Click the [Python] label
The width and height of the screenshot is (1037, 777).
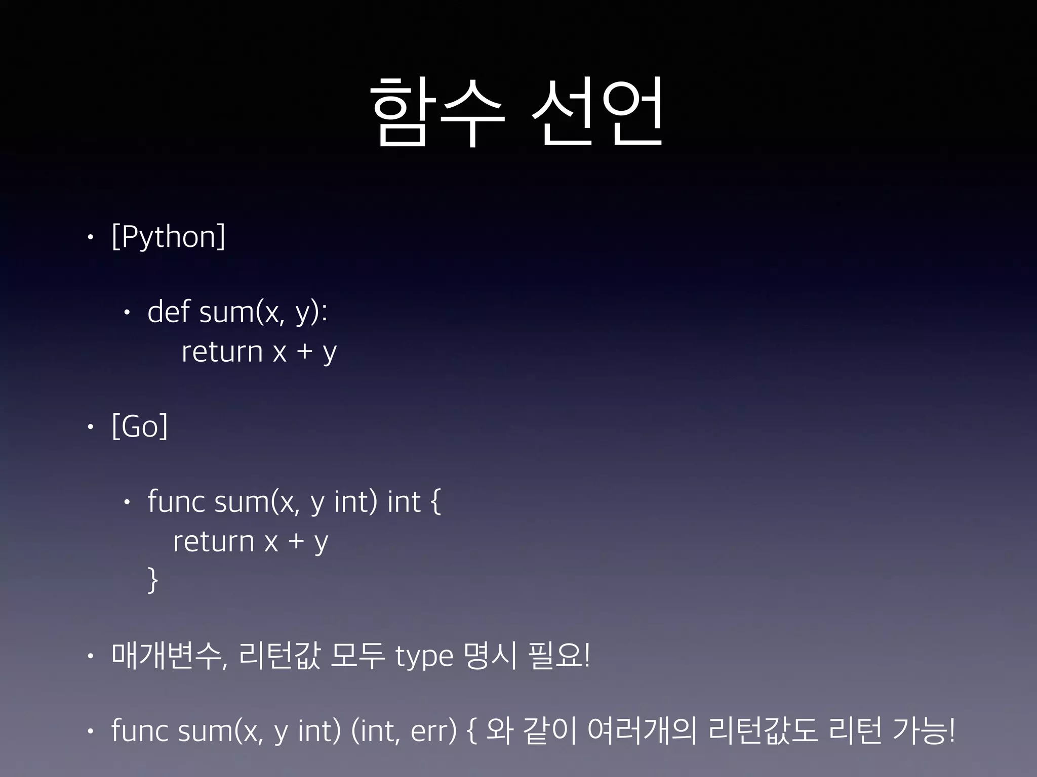pos(168,237)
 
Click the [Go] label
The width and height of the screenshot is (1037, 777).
pos(139,426)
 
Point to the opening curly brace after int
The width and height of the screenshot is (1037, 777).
pos(435,502)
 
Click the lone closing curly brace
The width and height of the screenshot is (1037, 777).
pos(152,580)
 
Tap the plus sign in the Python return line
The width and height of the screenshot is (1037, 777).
pos(305,352)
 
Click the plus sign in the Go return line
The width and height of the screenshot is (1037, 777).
pos(296,542)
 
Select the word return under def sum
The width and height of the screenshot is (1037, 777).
pos(222,352)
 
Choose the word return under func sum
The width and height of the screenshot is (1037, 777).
pos(213,542)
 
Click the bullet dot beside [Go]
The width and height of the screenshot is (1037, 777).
pos(90,427)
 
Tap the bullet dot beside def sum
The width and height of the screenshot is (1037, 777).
pos(127,313)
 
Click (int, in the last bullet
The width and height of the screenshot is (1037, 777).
pos(375,731)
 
